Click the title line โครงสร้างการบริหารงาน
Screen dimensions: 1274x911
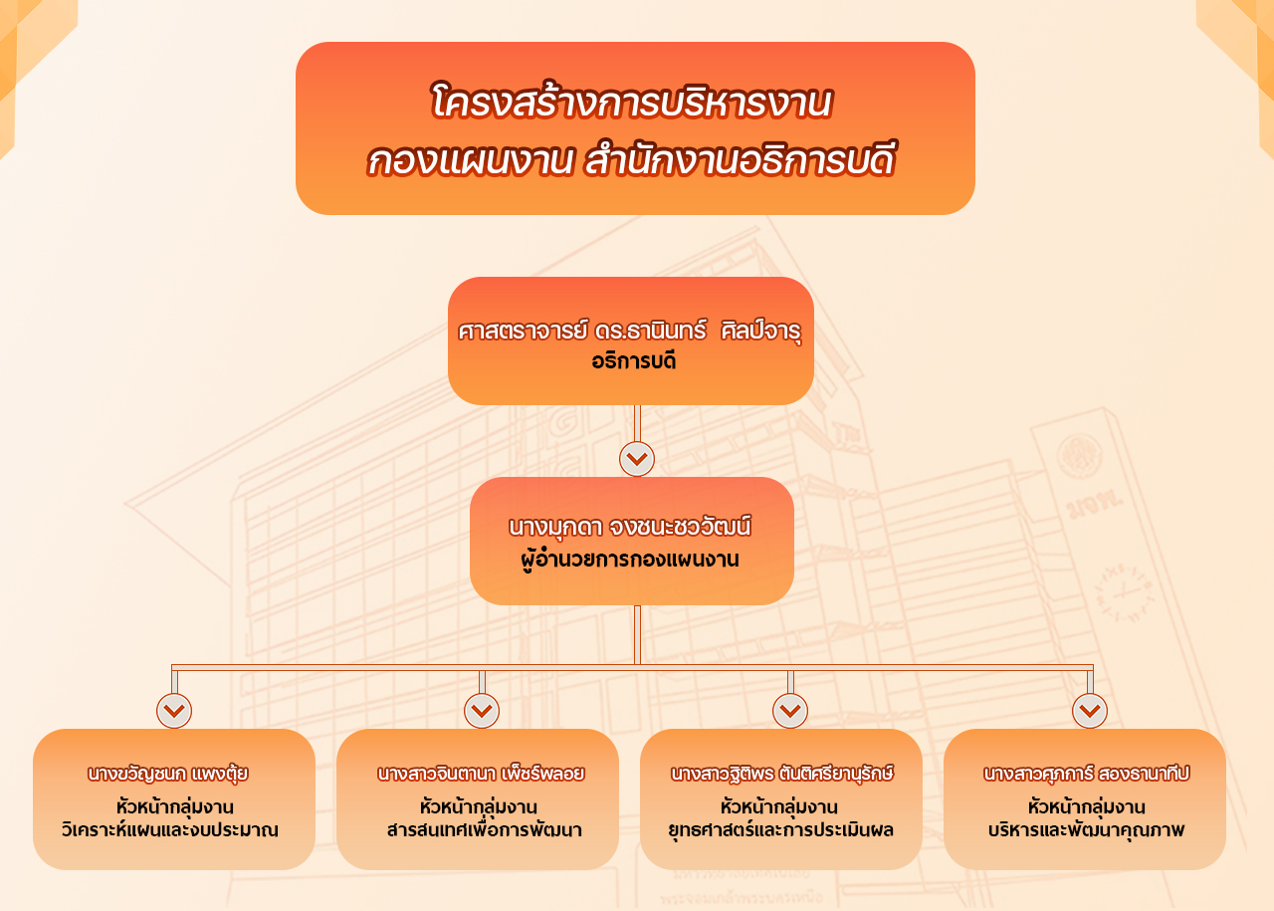[x=631, y=102]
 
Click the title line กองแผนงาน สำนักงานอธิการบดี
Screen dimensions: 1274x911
[x=631, y=159]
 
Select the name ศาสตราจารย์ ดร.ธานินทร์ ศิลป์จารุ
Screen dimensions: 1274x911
[x=630, y=331]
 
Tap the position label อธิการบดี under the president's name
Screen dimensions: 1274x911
[x=634, y=361]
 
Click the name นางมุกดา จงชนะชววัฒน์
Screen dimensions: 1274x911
[x=630, y=527]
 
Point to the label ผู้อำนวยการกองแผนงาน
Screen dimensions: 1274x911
[x=630, y=560]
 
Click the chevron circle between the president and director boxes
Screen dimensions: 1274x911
[x=637, y=459]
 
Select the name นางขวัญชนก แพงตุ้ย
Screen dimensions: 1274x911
[x=168, y=774]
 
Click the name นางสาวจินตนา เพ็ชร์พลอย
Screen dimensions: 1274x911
[x=481, y=774]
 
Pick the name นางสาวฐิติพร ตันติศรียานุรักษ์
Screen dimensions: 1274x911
[x=782, y=774]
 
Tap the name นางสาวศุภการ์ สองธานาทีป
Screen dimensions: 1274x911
[x=1086, y=774]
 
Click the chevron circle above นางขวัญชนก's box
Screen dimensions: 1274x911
[x=174, y=711]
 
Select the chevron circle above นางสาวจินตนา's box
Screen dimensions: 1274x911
[x=482, y=711]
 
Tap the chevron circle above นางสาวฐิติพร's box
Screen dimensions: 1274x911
[x=790, y=711]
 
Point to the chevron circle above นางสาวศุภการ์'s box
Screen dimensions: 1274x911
[x=1090, y=711]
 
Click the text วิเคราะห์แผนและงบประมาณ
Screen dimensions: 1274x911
[x=170, y=830]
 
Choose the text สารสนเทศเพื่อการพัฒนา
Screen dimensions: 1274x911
[x=485, y=830]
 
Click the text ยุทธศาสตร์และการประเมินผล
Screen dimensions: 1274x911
[x=781, y=830]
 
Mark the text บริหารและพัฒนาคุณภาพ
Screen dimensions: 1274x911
[x=1086, y=830]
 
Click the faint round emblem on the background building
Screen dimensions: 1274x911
[x=1080, y=456]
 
